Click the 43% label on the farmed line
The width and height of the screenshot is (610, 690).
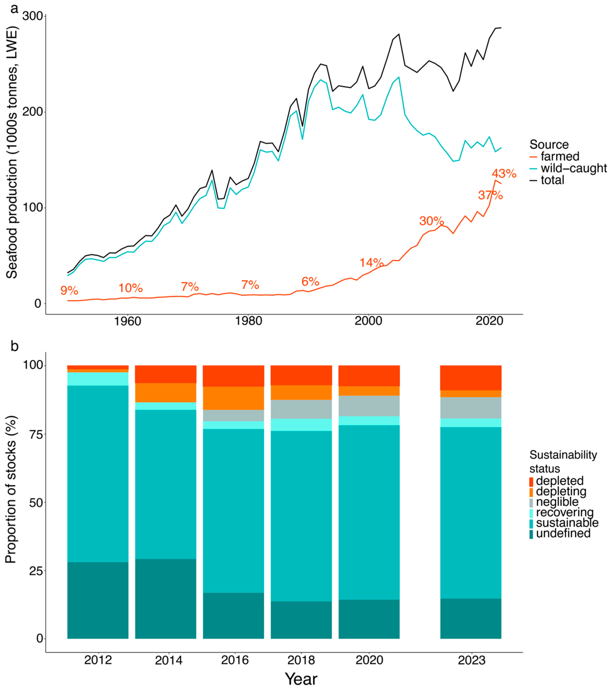tap(504, 174)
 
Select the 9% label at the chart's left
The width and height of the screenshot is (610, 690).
tap(69, 290)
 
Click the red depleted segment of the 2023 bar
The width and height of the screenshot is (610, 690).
tap(471, 378)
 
